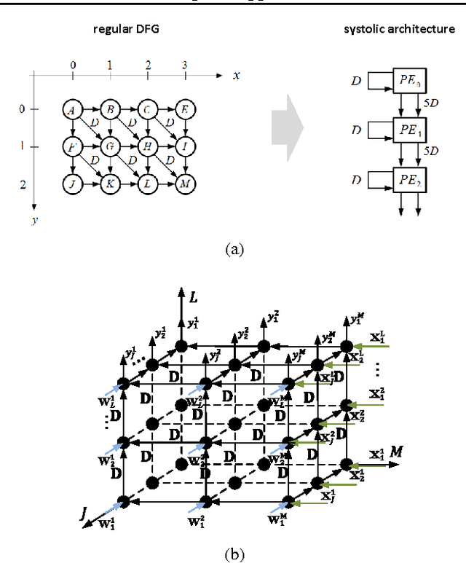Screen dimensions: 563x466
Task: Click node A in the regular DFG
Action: (72, 110)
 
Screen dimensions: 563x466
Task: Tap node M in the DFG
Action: (185, 184)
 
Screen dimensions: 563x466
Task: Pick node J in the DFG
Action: (72, 184)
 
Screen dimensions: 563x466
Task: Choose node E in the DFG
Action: (185, 110)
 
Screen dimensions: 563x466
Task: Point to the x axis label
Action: (236, 75)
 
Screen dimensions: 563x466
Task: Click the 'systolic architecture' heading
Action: (398, 28)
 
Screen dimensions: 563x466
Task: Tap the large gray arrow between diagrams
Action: (288, 130)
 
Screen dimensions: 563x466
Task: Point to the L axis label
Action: (194, 296)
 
